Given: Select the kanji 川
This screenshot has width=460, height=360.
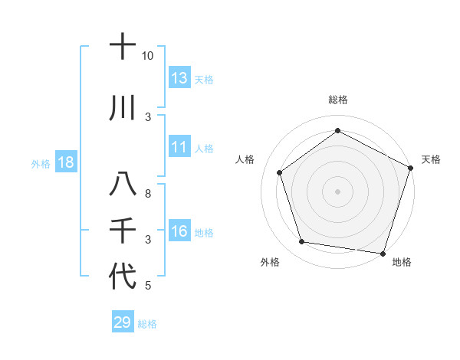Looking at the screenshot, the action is coord(123,109).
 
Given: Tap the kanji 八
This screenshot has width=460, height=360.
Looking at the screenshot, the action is coord(123,185).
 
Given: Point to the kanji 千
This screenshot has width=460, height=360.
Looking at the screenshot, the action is coord(123,231).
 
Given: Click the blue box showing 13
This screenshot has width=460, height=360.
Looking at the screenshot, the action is coord(179,78).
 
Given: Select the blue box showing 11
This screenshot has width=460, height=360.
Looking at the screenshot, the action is coord(179,147).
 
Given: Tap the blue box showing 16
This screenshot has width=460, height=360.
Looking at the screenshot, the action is coord(179,232).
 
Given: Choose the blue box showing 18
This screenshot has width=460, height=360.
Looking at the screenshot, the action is coord(65,163).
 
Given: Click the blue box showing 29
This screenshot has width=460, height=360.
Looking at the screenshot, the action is coord(123,322).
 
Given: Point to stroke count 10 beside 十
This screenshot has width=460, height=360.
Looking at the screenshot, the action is coord(148,56).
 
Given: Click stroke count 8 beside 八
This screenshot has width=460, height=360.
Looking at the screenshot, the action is coord(148,194).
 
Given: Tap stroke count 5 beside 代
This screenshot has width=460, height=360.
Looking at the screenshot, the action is coord(148,286).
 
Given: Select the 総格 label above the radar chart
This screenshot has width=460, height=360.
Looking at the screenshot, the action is coord(337,100).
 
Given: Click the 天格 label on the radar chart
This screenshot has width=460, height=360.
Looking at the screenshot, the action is coord(431,159).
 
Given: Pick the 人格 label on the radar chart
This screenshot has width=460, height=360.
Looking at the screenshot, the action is coord(245,159).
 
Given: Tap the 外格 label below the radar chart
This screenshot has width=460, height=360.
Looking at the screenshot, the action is coord(270,262).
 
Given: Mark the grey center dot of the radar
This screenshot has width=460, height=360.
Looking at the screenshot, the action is coord(337,191).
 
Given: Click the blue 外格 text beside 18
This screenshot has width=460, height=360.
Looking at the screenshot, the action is coord(40,164).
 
